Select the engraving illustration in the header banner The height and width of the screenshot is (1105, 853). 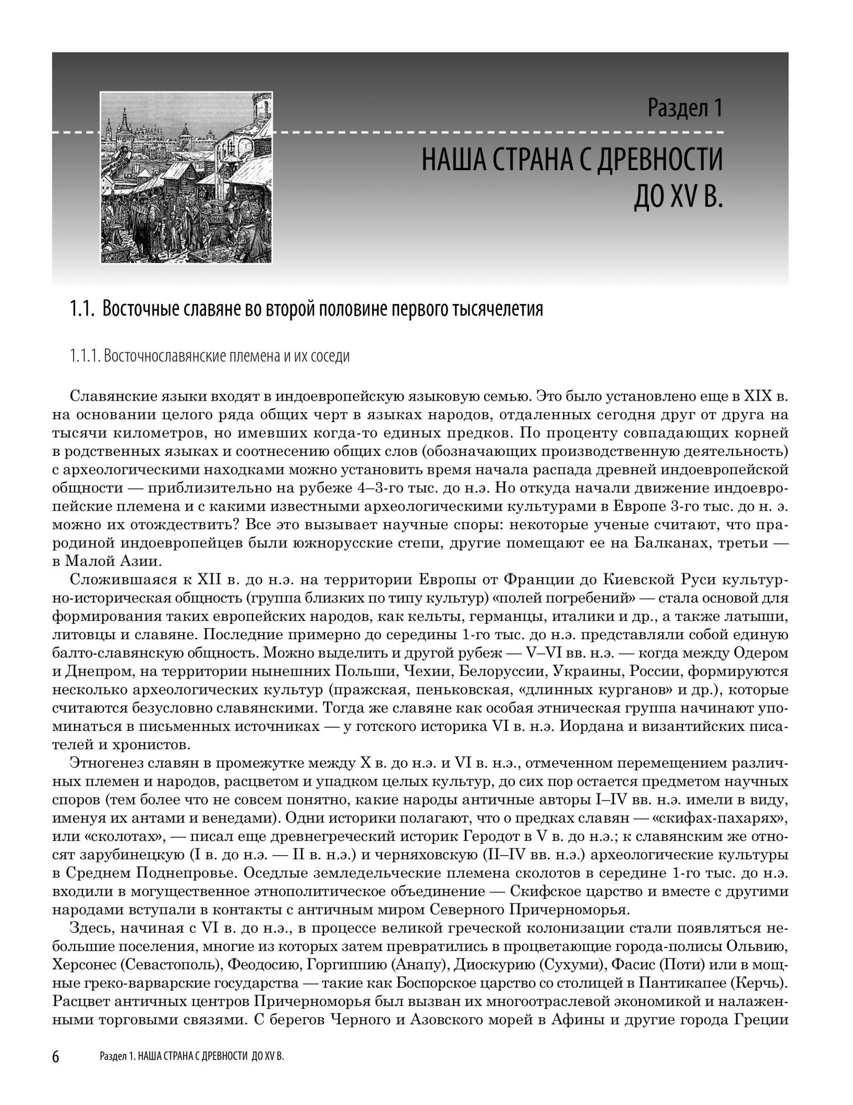[x=186, y=177]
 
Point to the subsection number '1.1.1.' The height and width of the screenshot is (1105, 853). [x=84, y=356]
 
